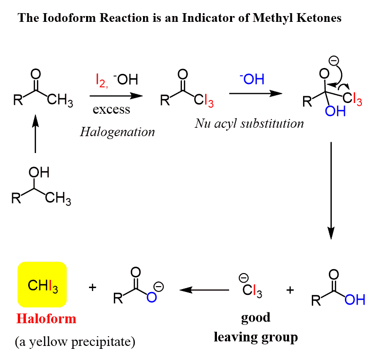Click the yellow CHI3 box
(42, 285)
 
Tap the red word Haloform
(46, 319)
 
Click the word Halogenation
(117, 132)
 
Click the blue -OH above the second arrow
(251, 79)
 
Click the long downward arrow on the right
(331, 190)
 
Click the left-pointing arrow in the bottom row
(204, 291)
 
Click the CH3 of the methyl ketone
(61, 102)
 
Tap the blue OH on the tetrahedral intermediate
(335, 112)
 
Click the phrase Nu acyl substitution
(249, 123)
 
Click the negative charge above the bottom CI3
(243, 278)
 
